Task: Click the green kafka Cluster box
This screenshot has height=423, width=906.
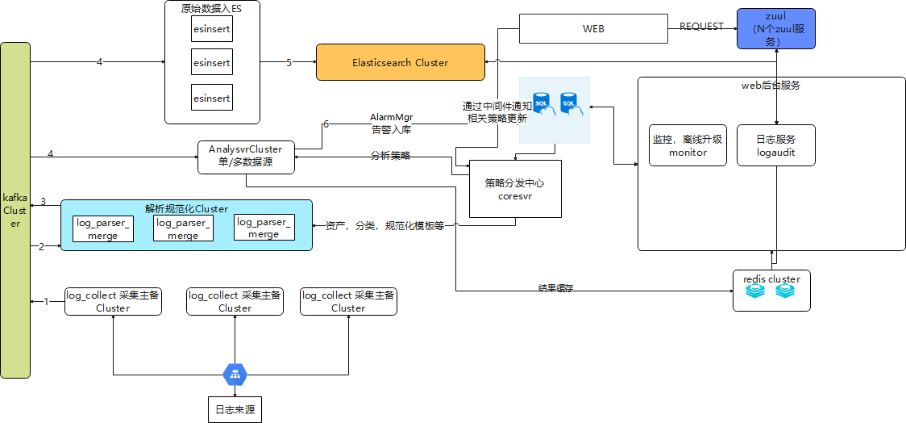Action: [x=15, y=210]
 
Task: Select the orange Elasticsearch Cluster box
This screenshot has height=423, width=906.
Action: [x=400, y=62]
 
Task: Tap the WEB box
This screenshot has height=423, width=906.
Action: [x=593, y=29]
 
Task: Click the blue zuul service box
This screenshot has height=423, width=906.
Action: [x=775, y=29]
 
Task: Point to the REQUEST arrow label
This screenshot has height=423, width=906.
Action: [x=701, y=26]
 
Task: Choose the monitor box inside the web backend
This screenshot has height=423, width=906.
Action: [x=688, y=145]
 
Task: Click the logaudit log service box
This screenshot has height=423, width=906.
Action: [x=775, y=145]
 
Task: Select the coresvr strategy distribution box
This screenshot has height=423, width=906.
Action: [x=515, y=188]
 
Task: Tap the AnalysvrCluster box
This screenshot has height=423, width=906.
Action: [x=245, y=157]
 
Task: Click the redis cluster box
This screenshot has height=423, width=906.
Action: [x=771, y=291]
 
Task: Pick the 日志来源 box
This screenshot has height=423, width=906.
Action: [x=235, y=408]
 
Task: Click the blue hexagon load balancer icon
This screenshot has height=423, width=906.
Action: [x=235, y=374]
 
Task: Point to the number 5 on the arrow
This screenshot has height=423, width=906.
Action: [x=289, y=62]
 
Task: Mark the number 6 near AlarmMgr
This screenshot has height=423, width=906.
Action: [x=326, y=124]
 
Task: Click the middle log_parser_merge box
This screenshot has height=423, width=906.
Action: [x=183, y=228]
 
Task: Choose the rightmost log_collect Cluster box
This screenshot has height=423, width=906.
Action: [x=348, y=302]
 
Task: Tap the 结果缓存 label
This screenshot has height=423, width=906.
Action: [x=555, y=287]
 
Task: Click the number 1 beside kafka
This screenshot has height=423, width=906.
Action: [x=46, y=301]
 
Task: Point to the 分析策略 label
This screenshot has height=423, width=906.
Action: [x=390, y=155]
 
